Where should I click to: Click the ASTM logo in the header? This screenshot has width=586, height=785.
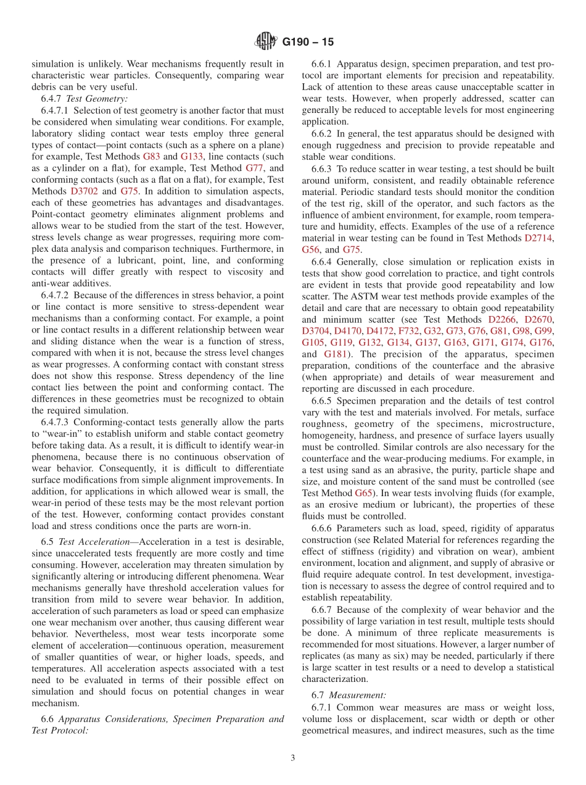pos(266,41)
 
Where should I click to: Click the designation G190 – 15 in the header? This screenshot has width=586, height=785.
pos(308,42)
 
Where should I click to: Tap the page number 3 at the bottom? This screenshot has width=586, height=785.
pos(293,758)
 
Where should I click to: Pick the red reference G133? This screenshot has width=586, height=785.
pos(192,156)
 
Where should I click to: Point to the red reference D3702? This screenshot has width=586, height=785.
pos(84,191)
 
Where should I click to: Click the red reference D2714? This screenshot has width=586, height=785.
pos(539,238)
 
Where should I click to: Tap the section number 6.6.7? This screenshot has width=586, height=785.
pos(324,609)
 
